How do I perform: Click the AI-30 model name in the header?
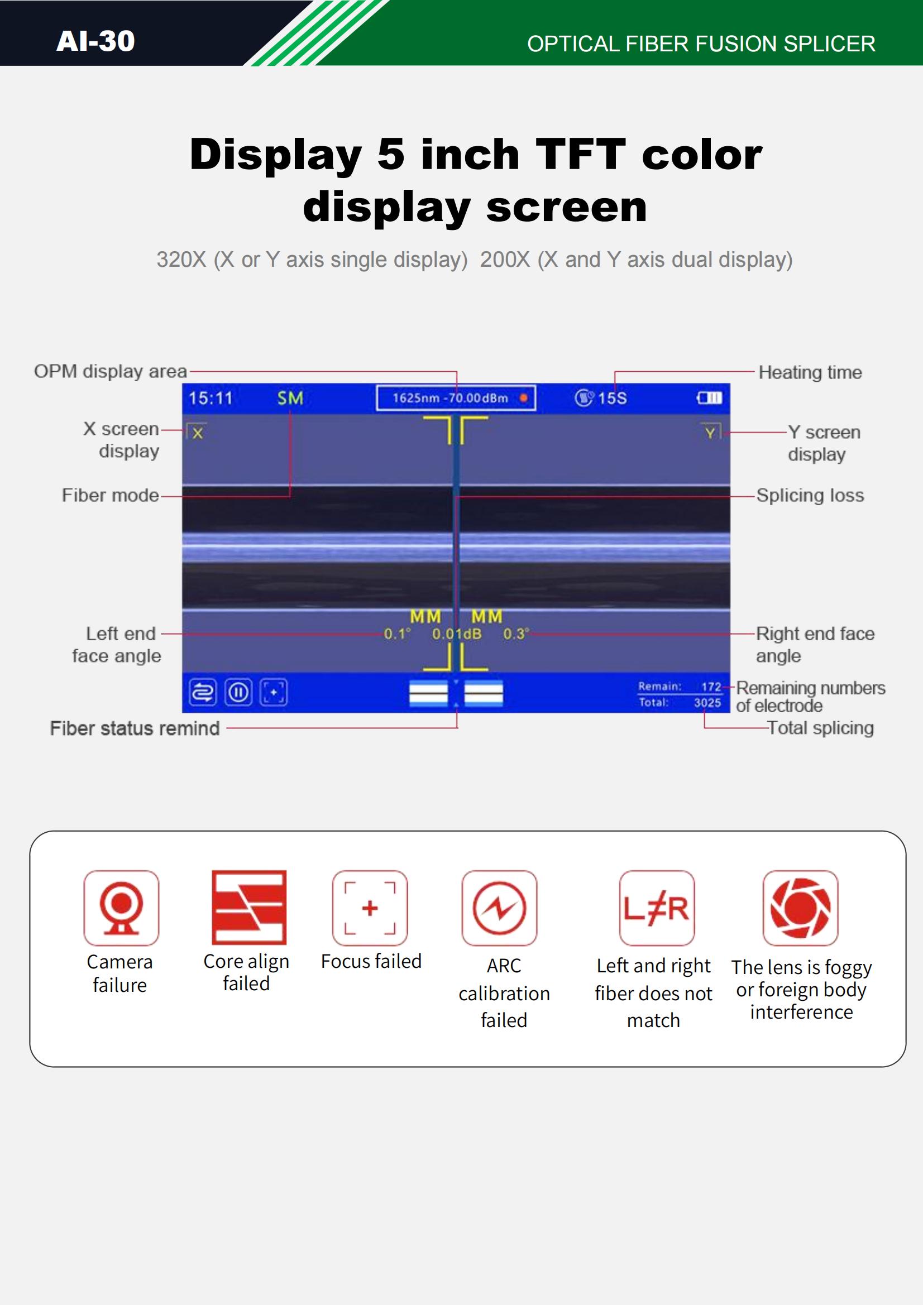pyautogui.click(x=95, y=41)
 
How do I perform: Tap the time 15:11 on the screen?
pyautogui.click(x=211, y=398)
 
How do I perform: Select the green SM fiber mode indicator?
pyautogui.click(x=290, y=398)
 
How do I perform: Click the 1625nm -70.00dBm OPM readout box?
pyautogui.click(x=456, y=398)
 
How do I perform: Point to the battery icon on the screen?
pyautogui.click(x=710, y=398)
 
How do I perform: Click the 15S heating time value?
pyautogui.click(x=613, y=398)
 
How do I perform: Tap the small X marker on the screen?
pyautogui.click(x=197, y=433)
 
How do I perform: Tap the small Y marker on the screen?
pyautogui.click(x=710, y=432)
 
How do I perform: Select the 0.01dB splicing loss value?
pyautogui.click(x=457, y=634)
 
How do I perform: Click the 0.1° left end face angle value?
pyautogui.click(x=397, y=634)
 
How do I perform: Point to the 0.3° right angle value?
pyautogui.click(x=516, y=634)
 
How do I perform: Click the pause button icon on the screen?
pyautogui.click(x=238, y=692)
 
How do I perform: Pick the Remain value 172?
pyautogui.click(x=711, y=687)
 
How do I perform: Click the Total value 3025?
pyautogui.click(x=707, y=703)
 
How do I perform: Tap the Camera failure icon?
pyautogui.click(x=121, y=908)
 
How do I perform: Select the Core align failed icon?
pyautogui.click(x=249, y=907)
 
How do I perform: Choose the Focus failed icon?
pyautogui.click(x=370, y=908)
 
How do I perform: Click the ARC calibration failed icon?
pyautogui.click(x=499, y=908)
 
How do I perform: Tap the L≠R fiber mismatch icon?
pyautogui.click(x=657, y=908)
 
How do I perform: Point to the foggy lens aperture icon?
pyautogui.click(x=801, y=908)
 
